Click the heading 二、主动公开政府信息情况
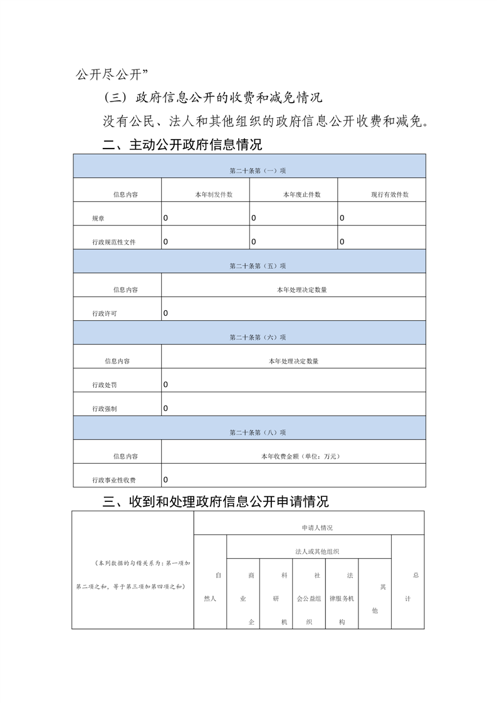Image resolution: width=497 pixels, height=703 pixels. coord(182,145)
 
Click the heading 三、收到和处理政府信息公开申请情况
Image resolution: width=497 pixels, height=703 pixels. coord(216,502)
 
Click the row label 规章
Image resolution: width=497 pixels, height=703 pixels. coord(98,219)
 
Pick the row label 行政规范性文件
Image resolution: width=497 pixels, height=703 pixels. coord(113,242)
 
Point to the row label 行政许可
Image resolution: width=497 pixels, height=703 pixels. coord(104,313)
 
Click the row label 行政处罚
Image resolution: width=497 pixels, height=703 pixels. coord(104,385)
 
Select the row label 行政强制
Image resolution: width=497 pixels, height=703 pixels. coord(104,409)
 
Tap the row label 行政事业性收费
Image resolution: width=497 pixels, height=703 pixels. coord(113,481)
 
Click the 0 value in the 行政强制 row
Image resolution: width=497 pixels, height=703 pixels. coord(165,409)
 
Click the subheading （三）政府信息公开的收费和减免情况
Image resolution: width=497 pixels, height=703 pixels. coord(212,98)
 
